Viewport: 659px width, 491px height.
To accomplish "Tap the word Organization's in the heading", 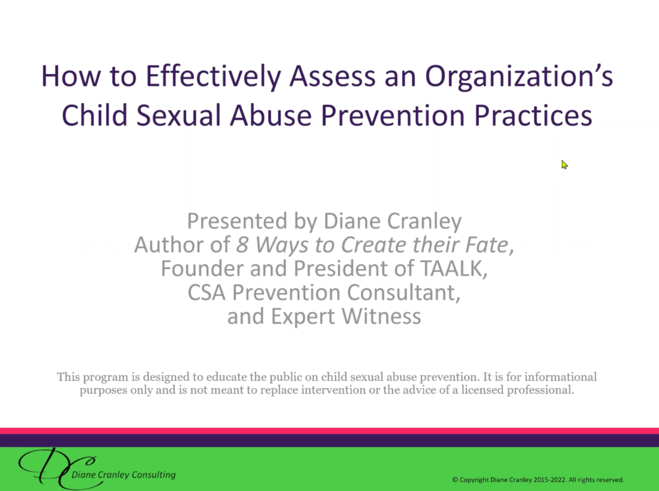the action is (519, 77).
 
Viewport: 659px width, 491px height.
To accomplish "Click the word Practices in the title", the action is (534, 115).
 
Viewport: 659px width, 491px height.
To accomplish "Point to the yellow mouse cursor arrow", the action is (564, 164).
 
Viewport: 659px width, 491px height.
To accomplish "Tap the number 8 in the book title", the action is (242, 245).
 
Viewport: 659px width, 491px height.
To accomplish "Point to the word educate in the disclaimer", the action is (226, 376).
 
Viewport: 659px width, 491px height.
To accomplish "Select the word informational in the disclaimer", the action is (561, 376).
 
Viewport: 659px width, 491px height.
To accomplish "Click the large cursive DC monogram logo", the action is (57, 468).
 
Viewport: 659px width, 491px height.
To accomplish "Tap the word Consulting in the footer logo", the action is (153, 475).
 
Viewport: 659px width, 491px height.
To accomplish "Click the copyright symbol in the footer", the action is (455, 479).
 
